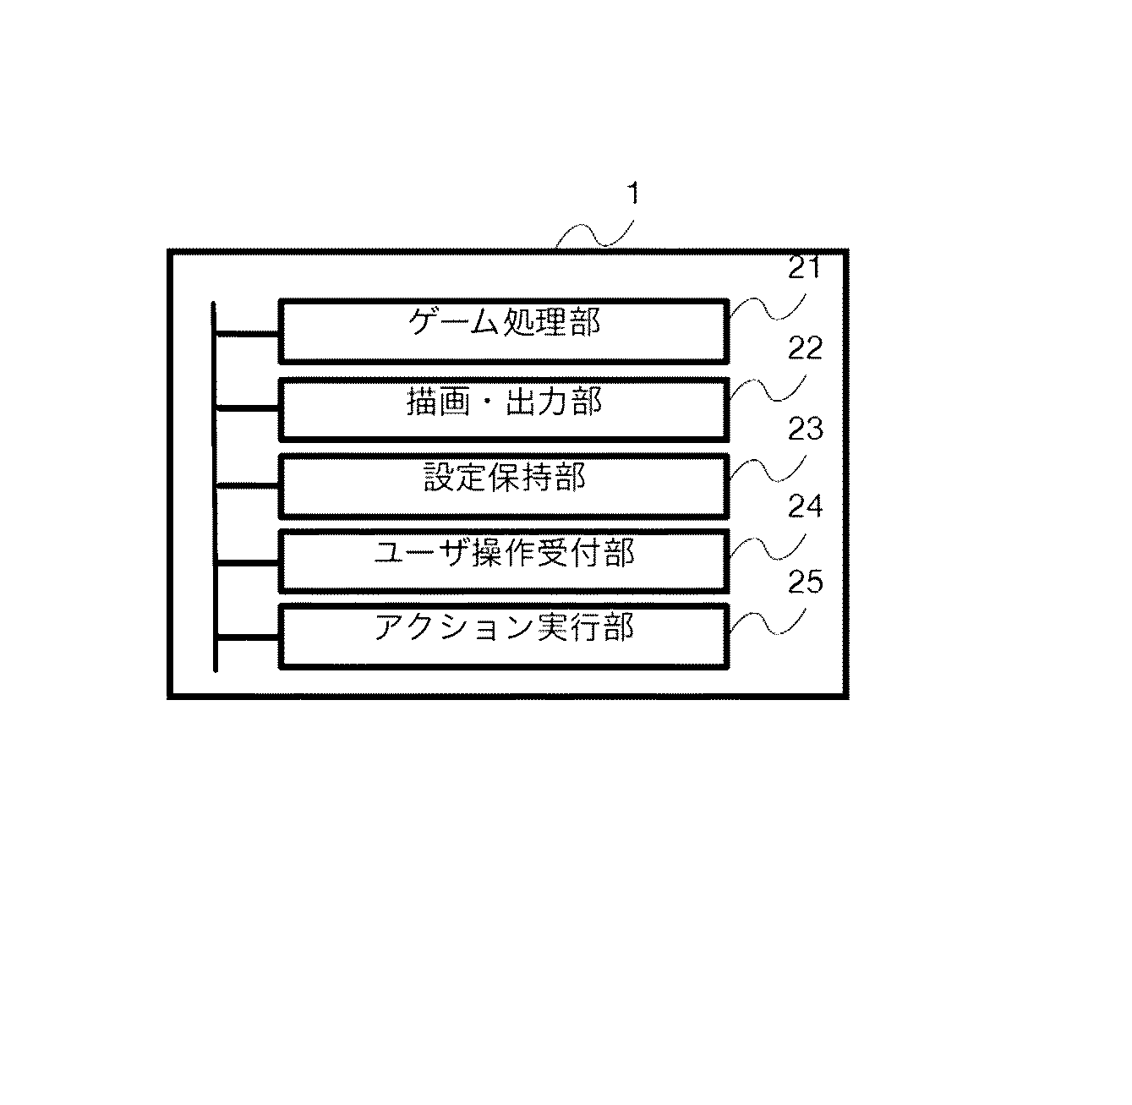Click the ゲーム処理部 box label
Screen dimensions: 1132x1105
[x=504, y=322]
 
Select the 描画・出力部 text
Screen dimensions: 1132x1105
[x=504, y=402]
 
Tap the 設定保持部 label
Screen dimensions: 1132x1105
[x=504, y=477]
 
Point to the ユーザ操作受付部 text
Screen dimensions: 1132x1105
[x=504, y=552]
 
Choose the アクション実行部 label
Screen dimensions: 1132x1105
[x=504, y=627]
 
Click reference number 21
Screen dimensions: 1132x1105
[x=804, y=268]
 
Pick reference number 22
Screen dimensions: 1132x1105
[x=805, y=348]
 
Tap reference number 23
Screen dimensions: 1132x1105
[x=806, y=429]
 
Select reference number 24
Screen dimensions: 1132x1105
[x=806, y=506]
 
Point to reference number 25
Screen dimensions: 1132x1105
[x=806, y=582]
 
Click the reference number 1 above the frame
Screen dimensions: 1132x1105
[x=633, y=194]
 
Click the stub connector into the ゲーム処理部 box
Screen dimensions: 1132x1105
[x=248, y=334]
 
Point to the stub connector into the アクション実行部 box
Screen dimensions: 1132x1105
[x=248, y=637]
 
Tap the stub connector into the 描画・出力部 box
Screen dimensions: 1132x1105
[x=248, y=408]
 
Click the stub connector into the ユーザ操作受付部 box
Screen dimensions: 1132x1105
[x=248, y=563]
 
